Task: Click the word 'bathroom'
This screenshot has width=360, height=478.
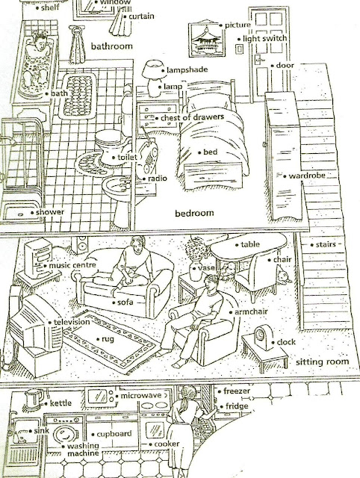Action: tap(111, 46)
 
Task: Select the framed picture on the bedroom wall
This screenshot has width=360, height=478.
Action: tap(206, 39)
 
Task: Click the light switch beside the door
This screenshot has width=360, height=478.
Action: tap(239, 49)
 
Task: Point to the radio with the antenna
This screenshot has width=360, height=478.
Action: tap(147, 158)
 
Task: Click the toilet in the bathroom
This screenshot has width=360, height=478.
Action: tap(111, 146)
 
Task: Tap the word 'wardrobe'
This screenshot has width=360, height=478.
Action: tap(307, 176)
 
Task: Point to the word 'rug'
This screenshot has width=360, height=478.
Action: tap(108, 339)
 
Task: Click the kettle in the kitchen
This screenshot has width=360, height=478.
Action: tap(34, 400)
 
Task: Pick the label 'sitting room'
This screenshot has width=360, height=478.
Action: tap(322, 361)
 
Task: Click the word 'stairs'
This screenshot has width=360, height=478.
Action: tap(326, 244)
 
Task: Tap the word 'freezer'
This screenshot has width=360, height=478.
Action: tap(237, 391)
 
